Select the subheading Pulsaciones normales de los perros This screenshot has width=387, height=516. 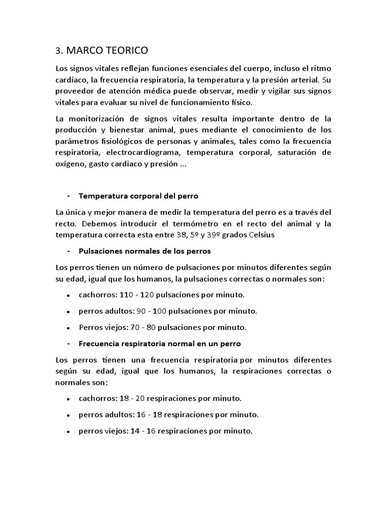[145, 250]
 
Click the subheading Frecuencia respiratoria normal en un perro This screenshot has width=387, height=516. [160, 343]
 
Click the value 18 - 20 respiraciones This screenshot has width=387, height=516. [133, 398]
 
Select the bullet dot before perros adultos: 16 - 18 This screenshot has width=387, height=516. [68, 415]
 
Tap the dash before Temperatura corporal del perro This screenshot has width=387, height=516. [68, 196]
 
